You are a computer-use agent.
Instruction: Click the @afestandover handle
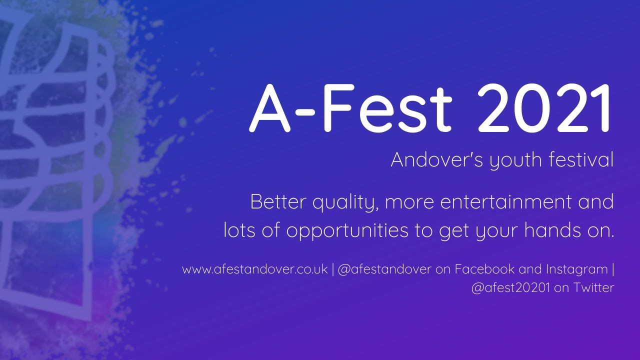point(384,270)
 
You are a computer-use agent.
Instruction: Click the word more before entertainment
point(410,202)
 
